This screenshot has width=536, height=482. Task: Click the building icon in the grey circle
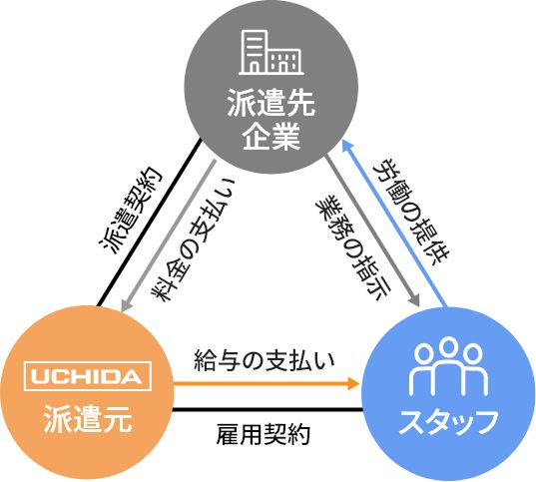point(271,52)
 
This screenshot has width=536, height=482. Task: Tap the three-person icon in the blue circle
point(448,366)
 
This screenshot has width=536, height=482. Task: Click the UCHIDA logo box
point(88,376)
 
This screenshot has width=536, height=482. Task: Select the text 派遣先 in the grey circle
point(271,103)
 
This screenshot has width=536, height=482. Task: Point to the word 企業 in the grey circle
point(271,136)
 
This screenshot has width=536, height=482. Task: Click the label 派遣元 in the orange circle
point(88,418)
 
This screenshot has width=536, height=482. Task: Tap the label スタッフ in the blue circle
point(448,421)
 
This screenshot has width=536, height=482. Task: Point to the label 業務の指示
point(353,247)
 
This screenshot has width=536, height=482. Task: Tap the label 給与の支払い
point(265,360)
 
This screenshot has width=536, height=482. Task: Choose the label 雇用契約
point(263,434)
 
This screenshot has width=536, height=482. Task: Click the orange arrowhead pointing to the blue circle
point(353,383)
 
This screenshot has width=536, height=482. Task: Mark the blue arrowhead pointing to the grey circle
point(347,146)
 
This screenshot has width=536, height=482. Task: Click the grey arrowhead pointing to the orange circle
point(126,305)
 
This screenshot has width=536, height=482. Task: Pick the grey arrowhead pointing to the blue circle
point(414,299)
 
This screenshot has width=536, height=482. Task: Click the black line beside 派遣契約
point(150,223)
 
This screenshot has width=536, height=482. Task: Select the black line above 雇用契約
point(268,409)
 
